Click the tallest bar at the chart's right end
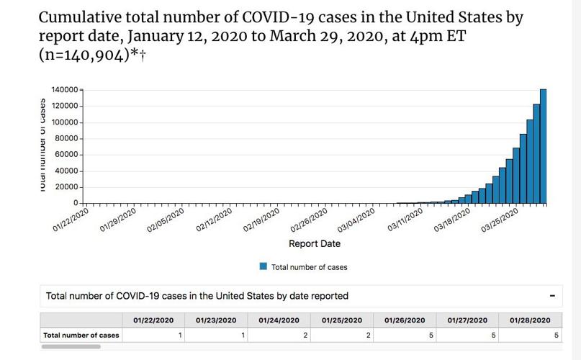click(x=544, y=146)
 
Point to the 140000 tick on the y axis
click(x=64, y=90)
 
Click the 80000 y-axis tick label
click(x=64, y=138)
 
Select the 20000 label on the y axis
click(x=64, y=187)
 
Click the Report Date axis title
click(x=315, y=244)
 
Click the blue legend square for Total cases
click(x=264, y=266)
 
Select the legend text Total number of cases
click(x=309, y=267)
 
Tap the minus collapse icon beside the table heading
click(x=552, y=296)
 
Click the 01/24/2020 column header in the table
click(x=279, y=320)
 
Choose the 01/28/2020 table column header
click(x=530, y=320)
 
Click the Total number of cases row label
click(x=81, y=335)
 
